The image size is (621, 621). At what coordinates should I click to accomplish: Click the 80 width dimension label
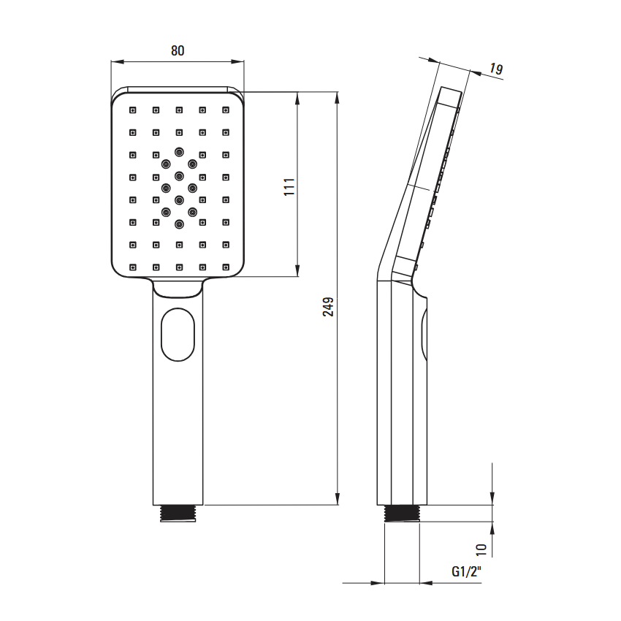click(178, 50)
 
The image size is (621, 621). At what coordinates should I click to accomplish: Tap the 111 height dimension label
click(289, 186)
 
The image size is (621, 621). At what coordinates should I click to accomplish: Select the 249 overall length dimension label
click(328, 307)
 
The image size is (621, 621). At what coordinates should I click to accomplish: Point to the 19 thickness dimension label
click(495, 69)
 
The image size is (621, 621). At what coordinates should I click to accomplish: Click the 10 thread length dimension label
click(481, 549)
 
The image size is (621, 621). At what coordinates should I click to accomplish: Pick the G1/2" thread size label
click(467, 571)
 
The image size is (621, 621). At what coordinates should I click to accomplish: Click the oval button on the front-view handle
click(178, 335)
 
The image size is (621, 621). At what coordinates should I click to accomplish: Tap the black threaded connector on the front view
click(178, 514)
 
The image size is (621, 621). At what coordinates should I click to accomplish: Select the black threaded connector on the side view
click(402, 514)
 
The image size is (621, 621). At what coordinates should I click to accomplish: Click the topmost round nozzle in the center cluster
click(179, 152)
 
